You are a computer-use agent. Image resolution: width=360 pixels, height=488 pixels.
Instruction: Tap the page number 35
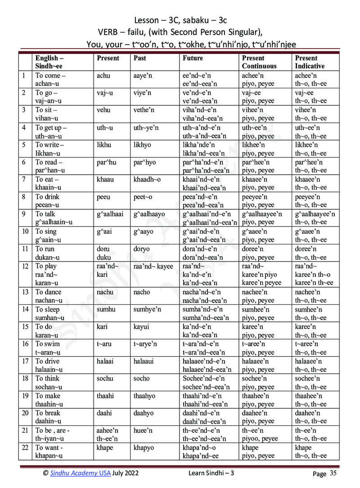[x=333, y=473]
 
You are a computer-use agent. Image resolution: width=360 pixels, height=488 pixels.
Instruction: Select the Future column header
[x=193, y=58]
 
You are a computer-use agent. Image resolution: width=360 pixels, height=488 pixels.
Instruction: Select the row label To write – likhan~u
[x=50, y=149]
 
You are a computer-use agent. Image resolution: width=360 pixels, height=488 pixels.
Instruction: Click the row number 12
[x=25, y=266]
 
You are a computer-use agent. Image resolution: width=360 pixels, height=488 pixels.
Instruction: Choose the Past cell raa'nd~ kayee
[x=153, y=266]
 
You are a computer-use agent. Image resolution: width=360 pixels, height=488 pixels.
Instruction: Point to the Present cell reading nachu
[x=105, y=292]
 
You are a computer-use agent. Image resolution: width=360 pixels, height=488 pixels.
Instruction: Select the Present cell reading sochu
[x=105, y=379]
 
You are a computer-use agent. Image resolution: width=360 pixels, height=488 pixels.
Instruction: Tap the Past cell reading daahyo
[x=144, y=413]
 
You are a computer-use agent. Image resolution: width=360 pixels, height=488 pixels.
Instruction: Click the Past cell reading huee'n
[x=143, y=430]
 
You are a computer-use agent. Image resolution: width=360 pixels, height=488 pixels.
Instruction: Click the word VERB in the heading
[x=108, y=32]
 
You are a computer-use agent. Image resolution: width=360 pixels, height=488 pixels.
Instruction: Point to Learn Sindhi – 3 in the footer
[x=211, y=472]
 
